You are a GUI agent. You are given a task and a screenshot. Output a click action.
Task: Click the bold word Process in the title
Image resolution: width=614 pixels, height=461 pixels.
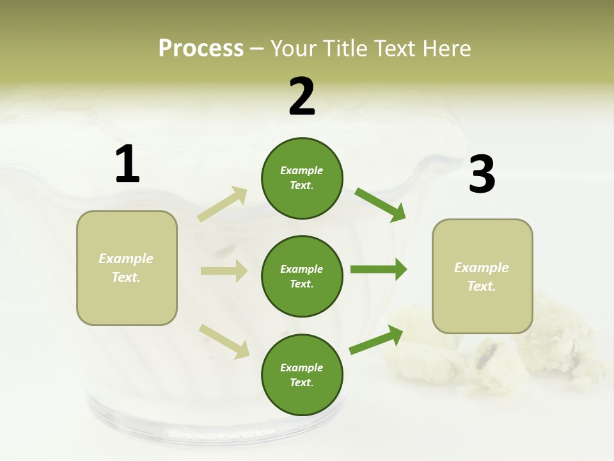(x=201, y=49)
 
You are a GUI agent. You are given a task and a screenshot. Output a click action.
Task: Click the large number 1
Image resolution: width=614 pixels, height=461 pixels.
(x=127, y=165)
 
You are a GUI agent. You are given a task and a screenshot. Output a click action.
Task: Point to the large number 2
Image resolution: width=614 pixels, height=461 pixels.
(x=302, y=96)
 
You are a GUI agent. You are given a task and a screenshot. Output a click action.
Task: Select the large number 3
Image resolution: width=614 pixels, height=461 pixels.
(x=482, y=174)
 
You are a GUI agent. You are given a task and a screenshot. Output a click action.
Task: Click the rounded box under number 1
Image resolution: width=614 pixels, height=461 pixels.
(x=127, y=268)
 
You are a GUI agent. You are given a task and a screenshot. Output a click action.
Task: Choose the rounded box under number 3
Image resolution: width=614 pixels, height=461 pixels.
(x=482, y=276)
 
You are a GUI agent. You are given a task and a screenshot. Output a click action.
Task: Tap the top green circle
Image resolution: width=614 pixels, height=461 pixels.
(x=302, y=178)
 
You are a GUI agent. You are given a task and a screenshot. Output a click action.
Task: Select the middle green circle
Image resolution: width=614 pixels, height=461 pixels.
(x=302, y=276)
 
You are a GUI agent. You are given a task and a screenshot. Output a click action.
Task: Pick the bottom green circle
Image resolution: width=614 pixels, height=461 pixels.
(x=302, y=375)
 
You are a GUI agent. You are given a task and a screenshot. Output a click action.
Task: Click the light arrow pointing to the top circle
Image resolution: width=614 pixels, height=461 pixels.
(x=223, y=204)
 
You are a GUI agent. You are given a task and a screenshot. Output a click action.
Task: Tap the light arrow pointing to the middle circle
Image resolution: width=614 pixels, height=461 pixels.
(x=224, y=271)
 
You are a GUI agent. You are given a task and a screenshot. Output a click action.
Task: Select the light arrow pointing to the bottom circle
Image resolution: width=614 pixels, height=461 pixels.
(x=224, y=341)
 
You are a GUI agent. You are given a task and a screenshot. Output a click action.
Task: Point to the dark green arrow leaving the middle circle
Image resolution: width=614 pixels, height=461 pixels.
(x=378, y=270)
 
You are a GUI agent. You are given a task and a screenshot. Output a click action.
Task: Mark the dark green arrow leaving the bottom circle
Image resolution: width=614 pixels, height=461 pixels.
(x=376, y=340)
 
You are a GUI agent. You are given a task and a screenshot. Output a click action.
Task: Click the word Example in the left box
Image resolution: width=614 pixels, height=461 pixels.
(x=126, y=259)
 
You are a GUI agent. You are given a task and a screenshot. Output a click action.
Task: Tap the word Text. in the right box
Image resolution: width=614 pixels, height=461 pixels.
(x=482, y=286)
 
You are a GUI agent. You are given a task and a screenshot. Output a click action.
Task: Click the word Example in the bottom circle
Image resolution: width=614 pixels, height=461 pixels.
(x=302, y=368)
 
